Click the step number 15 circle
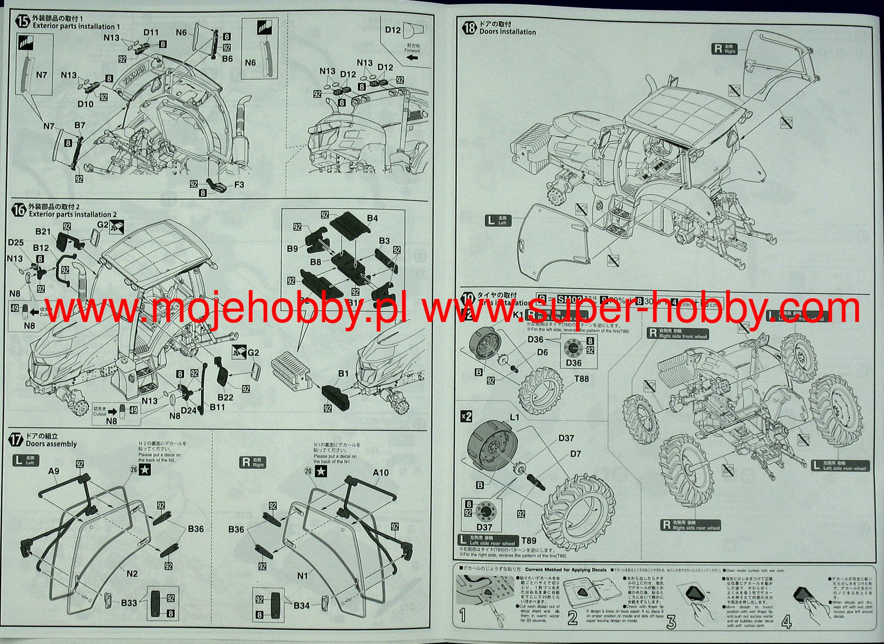coord(23,22)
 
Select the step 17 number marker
coord(16,440)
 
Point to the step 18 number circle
coord(469,28)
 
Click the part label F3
coord(239,185)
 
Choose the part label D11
coord(151,32)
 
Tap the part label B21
coord(43,232)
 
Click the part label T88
coord(581,379)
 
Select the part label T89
coord(529,540)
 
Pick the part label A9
coord(54,471)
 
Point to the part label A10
coord(380,473)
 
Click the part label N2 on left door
coord(132,573)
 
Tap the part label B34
coord(301,606)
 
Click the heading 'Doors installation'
coord(507,32)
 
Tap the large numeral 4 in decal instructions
coord(786,622)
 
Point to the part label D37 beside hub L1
coord(566,438)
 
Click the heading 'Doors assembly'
coord(51,444)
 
